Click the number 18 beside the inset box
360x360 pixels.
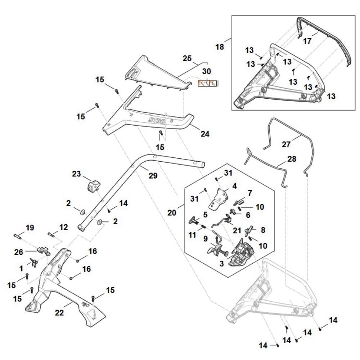coord(220,47)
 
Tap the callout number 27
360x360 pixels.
coord(286,144)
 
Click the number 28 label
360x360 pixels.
coord(292,158)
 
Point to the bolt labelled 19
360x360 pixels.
coord(18,235)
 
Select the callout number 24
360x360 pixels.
coord(205,134)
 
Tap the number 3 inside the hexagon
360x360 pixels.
coord(221,264)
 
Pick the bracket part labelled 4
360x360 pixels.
coord(220,196)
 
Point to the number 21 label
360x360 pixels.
coord(237,230)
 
